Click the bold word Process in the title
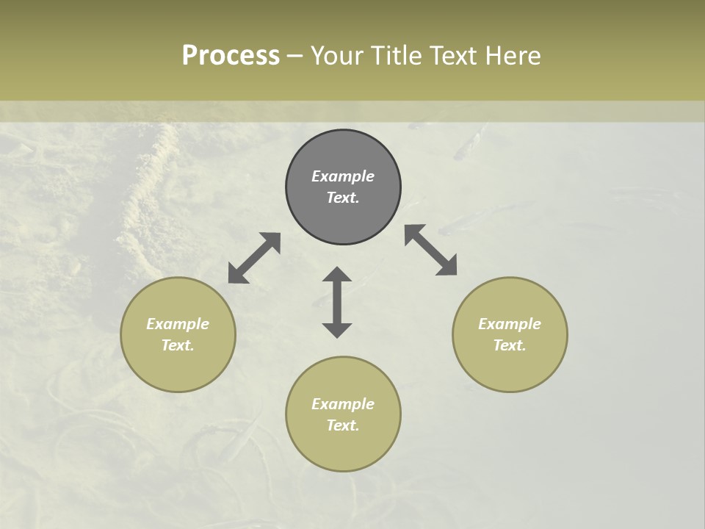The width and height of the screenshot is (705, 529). coord(231,56)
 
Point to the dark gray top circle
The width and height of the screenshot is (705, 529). coord(343,187)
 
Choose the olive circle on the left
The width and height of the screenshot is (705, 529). coord(178,334)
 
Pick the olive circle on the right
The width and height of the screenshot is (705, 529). coord(510,334)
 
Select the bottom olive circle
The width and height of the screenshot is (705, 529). coord(343,414)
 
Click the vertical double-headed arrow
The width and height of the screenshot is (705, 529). coord(337,302)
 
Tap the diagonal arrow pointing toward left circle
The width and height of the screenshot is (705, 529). coord(254,258)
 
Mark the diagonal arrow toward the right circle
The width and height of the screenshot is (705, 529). coord(430,250)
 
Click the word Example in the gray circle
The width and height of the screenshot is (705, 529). coord(343,176)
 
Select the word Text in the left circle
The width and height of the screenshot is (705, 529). coord(177,345)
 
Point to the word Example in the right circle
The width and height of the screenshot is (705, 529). coord(510,324)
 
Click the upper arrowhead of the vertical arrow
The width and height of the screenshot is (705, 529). coord(337,276)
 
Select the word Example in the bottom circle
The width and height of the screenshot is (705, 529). coord(343,404)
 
